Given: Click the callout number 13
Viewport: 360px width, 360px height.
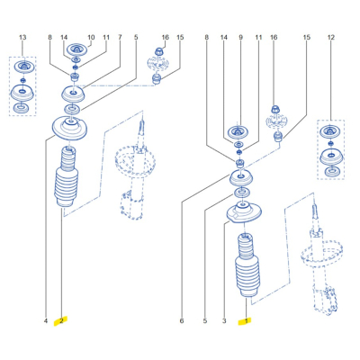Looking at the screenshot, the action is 22,38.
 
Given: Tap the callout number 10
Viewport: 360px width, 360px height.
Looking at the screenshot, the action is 91,38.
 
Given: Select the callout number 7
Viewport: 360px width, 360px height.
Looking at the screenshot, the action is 120,38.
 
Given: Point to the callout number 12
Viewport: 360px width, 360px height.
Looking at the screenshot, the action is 331,38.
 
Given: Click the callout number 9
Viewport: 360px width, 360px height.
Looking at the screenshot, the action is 240,38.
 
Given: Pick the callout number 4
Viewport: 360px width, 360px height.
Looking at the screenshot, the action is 46,321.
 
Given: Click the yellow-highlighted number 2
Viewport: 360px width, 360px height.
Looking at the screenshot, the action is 61,321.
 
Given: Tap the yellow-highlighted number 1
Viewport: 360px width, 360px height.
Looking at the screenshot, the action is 247,321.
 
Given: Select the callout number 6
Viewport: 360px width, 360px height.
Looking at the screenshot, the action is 182,321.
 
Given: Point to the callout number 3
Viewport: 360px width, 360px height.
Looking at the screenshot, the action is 224,321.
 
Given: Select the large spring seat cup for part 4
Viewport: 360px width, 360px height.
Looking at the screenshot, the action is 69,129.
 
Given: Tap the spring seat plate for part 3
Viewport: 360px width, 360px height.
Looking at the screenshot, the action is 243,213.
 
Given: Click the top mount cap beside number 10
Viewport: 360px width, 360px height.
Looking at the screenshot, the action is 77,49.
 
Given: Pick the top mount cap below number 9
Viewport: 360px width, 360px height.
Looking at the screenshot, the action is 238,133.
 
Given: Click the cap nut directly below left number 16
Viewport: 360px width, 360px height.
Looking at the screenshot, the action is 159,50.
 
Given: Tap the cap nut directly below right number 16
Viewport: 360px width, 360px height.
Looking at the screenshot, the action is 274,109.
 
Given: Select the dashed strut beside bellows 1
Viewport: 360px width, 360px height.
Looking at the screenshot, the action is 322,259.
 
